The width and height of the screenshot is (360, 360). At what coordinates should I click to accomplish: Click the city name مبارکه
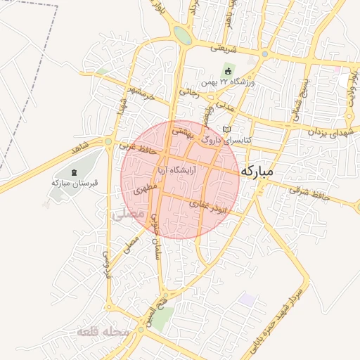coord(266,171)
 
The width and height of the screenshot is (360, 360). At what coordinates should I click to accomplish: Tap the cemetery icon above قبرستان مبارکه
coord(75,172)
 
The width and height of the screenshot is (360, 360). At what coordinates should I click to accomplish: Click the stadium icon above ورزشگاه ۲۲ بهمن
coord(228,70)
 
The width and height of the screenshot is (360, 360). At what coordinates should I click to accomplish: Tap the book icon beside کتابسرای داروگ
coord(226,129)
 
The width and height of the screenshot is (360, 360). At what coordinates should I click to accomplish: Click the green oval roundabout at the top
coord(182,34)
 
